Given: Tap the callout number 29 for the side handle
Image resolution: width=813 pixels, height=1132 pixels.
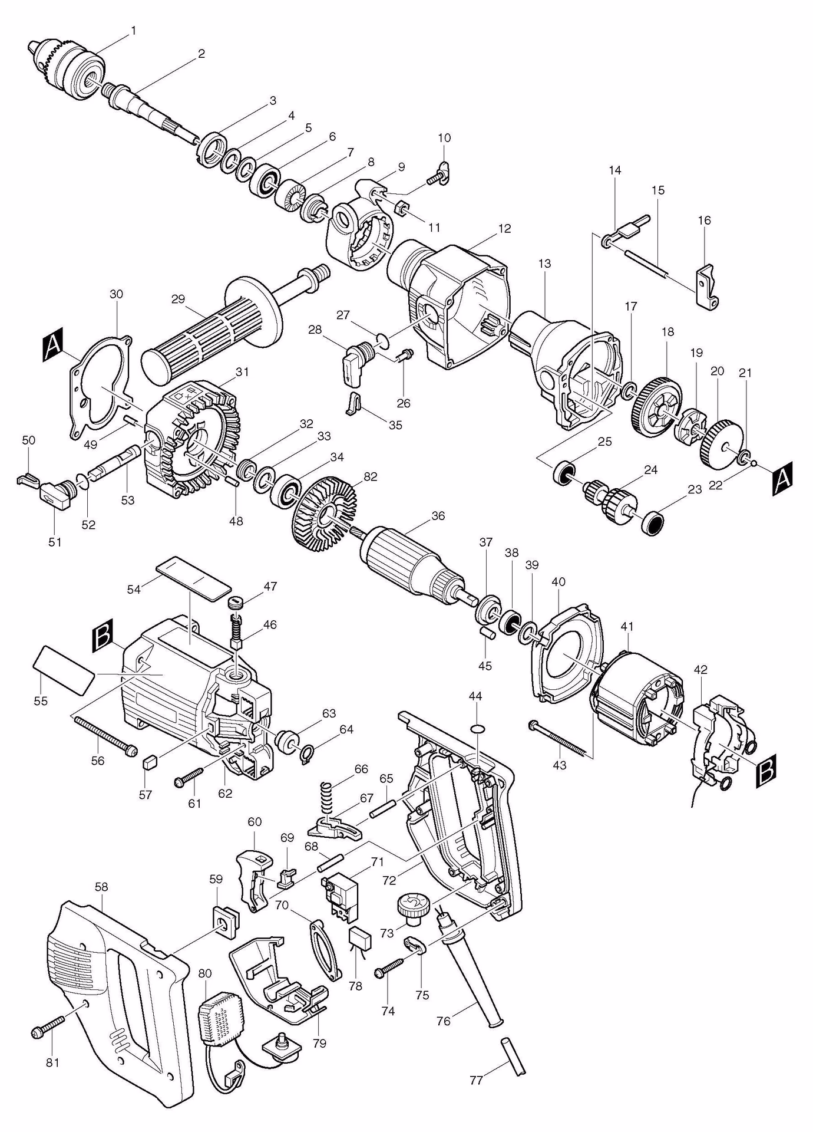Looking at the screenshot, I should (x=178, y=299).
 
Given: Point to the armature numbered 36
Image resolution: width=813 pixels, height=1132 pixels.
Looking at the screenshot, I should (x=406, y=562).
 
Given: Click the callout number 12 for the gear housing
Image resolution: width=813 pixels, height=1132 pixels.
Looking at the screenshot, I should (x=504, y=229).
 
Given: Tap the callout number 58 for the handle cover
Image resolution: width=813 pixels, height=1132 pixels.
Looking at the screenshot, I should (x=101, y=887).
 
